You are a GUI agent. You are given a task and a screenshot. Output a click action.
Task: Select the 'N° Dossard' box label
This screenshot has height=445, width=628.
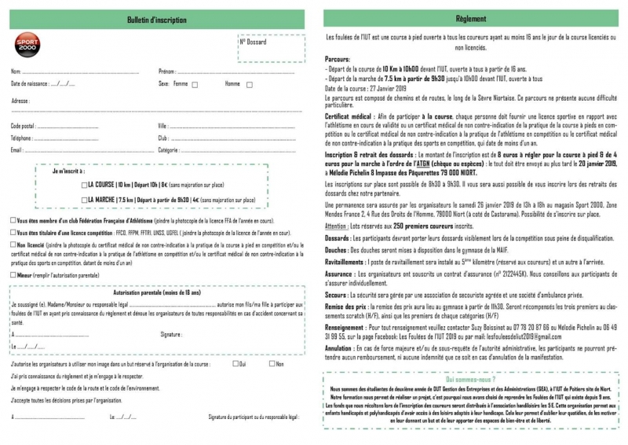(x=253, y=41)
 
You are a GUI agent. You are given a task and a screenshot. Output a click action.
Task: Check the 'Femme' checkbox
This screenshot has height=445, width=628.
(x=195, y=84)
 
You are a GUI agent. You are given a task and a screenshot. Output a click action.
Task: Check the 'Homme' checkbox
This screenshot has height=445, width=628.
(x=250, y=84)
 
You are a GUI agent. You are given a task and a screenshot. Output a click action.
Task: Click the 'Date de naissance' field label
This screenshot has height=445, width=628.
(x=29, y=83)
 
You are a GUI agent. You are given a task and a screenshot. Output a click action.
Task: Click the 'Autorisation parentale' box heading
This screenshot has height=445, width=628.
(x=156, y=292)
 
